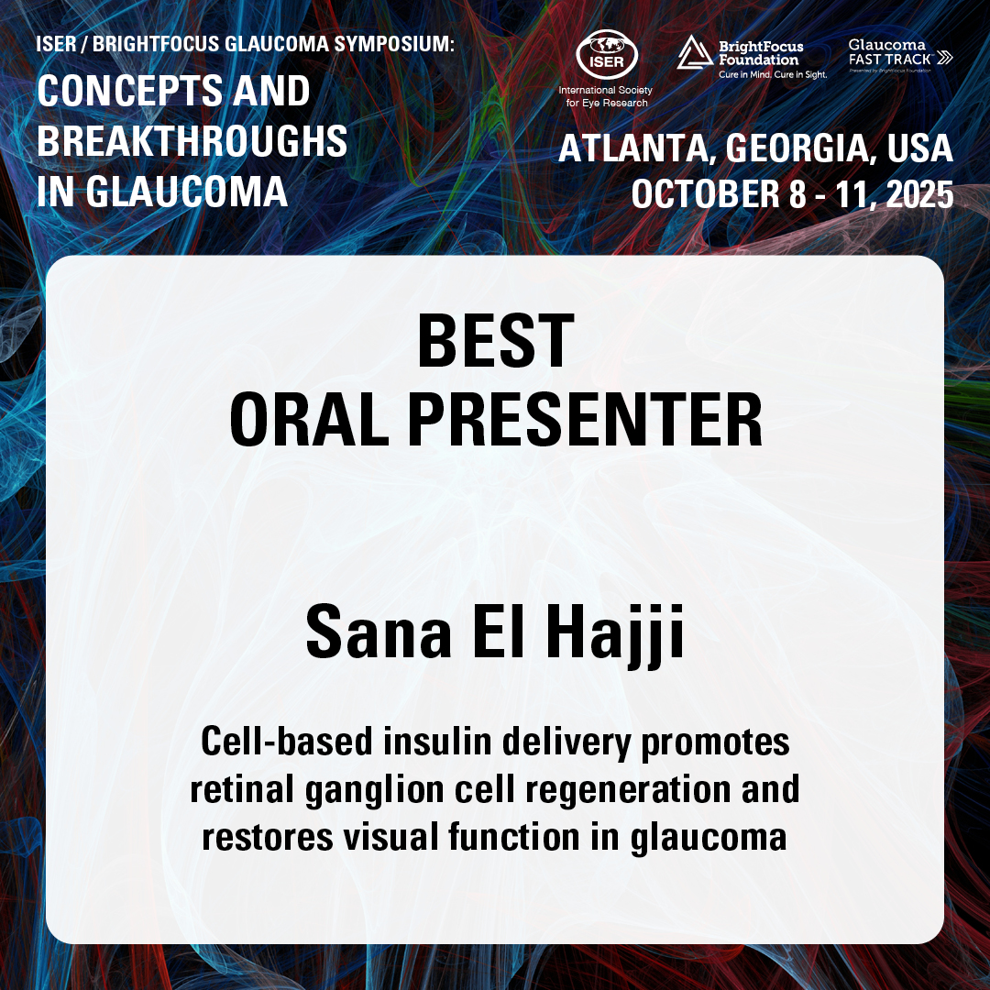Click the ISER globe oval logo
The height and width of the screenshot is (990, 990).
coord(607,55)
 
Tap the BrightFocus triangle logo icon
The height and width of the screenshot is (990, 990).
coord(695,52)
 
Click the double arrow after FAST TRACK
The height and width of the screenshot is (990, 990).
coord(944,58)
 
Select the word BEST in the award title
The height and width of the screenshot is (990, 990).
coord(496,341)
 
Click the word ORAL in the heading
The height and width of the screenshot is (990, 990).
coord(310,419)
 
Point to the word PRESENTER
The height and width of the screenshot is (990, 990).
coord(585,419)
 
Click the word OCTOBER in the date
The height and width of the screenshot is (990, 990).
coord(706,193)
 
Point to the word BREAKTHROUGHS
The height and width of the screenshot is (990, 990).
coord(192,141)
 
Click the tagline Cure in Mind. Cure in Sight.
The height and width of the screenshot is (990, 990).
coord(773,74)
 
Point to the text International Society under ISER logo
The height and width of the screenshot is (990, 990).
coord(606,90)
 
